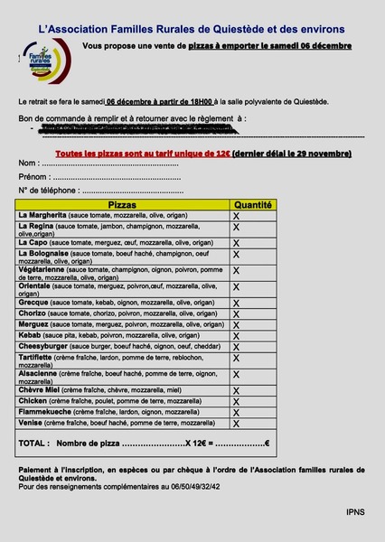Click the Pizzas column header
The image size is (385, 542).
[x=122, y=206]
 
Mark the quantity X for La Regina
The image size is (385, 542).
[x=237, y=229]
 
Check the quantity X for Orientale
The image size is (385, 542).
[x=237, y=287]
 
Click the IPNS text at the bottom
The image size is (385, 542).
[x=355, y=511]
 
